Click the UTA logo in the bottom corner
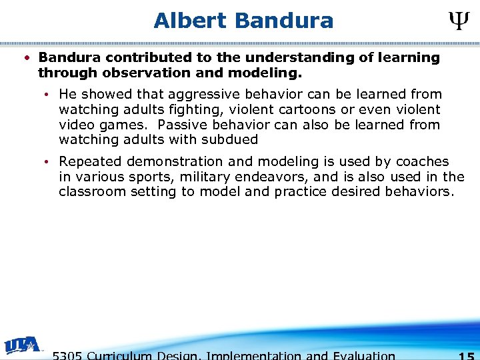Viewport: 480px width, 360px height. pyautogui.click(x=23, y=345)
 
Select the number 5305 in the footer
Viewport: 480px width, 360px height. pyautogui.click(x=67, y=355)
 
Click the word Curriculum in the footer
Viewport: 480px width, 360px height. pyautogui.click(x=121, y=355)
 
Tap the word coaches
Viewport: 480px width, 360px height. pyautogui.click(x=423, y=161)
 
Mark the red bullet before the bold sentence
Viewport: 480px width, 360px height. pyautogui.click(x=25, y=57)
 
